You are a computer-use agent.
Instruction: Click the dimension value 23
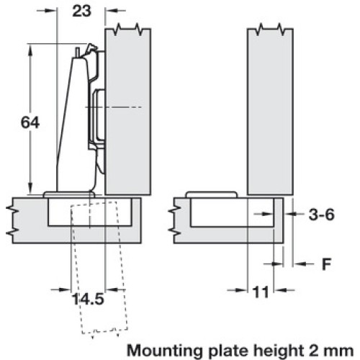coord(82,11)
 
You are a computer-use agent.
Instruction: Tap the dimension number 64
coord(30,122)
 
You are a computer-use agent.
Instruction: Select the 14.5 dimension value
coord(88,299)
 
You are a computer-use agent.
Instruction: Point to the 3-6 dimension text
coord(321,215)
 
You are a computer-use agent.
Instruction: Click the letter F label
coord(326,264)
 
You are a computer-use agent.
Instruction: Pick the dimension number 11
coord(261,292)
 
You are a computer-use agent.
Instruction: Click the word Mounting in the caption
coord(165,351)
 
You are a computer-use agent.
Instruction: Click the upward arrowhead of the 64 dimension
coord(30,51)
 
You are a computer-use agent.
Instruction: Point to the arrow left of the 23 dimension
coord(47,11)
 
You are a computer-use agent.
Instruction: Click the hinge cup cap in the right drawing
coord(212,194)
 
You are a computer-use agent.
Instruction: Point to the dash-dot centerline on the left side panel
coord(114,107)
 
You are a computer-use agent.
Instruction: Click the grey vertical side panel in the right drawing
coord(270,112)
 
